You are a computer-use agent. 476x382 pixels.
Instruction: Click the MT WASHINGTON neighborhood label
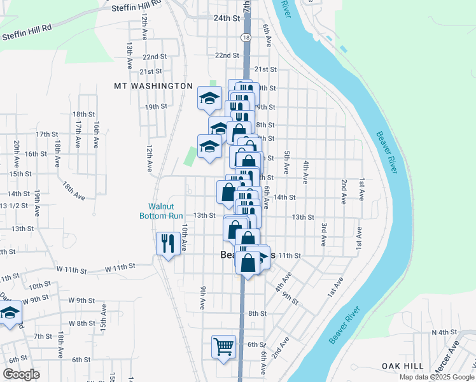[153, 86]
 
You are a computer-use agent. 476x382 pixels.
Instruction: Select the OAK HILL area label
[402, 365]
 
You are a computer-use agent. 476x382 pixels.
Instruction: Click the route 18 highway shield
[246, 38]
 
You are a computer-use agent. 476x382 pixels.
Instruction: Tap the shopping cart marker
[223, 347]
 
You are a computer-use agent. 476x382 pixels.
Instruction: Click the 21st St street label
[265, 69]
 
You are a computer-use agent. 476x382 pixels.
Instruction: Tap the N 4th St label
[445, 332]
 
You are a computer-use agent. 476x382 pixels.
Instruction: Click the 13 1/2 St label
[13, 206]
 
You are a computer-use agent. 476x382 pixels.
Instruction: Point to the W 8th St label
[81, 323]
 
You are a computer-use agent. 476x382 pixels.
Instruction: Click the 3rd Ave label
[324, 235]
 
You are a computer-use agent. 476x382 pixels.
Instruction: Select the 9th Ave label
[202, 298]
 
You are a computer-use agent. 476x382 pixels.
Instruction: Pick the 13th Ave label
[129, 56]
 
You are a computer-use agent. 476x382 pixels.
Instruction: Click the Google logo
[22, 374]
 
